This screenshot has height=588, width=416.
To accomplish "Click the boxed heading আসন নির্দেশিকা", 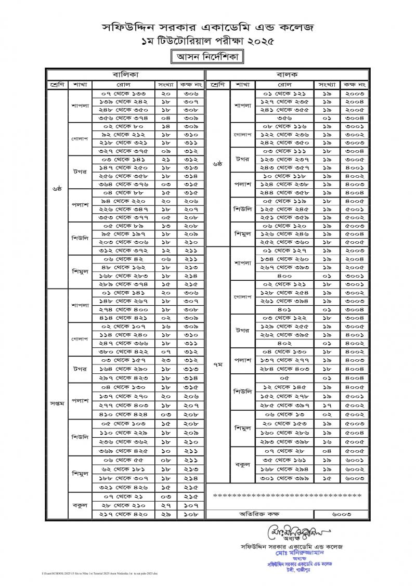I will (x=207, y=56).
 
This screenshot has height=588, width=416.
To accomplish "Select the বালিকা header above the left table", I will (x=126, y=74).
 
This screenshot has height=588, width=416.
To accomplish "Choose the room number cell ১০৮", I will (x=192, y=514).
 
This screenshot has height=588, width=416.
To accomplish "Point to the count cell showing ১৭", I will (x=326, y=406).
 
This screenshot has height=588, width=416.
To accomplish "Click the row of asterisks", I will (x=287, y=495).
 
